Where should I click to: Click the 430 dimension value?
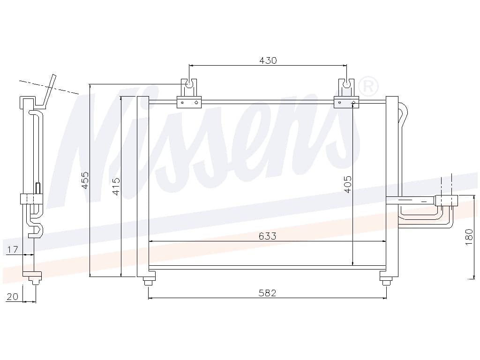[268, 60]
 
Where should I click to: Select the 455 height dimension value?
[85, 180]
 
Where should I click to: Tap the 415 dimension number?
[116, 186]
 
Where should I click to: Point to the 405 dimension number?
[348, 184]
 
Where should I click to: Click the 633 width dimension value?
[267, 236]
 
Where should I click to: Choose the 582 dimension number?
[267, 293]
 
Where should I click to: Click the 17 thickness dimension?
[13, 250]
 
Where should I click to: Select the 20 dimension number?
[13, 296]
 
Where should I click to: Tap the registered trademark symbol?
[367, 87]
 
